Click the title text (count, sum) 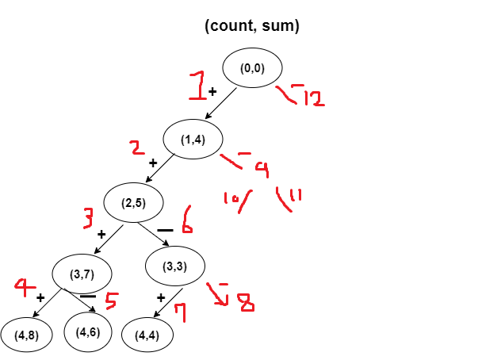[x=251, y=26]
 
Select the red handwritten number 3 [x=90, y=218]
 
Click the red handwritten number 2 [x=137, y=147]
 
